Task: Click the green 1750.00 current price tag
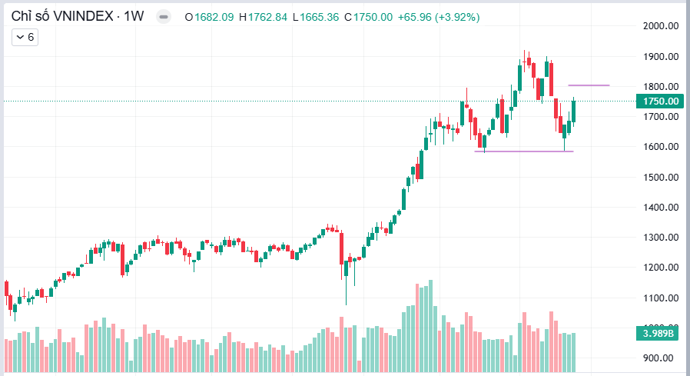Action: tap(660, 101)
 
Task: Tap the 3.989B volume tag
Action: tap(660, 333)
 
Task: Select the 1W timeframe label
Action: tap(134, 16)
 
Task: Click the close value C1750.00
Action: tap(365, 16)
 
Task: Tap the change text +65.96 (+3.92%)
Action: tap(434, 16)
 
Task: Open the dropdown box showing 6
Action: tap(25, 37)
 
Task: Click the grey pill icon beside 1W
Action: tap(164, 16)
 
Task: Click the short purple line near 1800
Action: tap(589, 85)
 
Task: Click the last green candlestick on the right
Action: tap(573, 110)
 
